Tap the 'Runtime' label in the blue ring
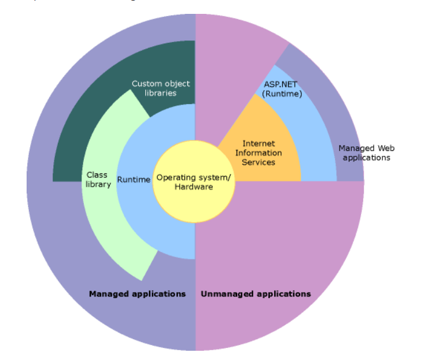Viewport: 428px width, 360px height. pos(134,180)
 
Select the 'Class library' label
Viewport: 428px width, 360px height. pos(98,179)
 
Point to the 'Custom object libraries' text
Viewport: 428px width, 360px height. pos(160,88)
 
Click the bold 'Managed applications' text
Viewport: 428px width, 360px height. pos(137,294)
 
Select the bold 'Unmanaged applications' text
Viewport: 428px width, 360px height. pos(256,294)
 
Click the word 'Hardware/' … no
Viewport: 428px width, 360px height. pos(194,187)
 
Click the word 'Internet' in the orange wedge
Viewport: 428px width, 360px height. pos(259,143)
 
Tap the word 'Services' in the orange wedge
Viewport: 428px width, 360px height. pos(259,162)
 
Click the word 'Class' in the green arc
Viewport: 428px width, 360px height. pos(97,175)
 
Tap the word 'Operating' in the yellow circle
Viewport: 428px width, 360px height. pos(175,177)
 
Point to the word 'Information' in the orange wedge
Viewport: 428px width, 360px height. pos(259,153)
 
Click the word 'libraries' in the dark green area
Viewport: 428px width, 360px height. pos(160,92)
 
